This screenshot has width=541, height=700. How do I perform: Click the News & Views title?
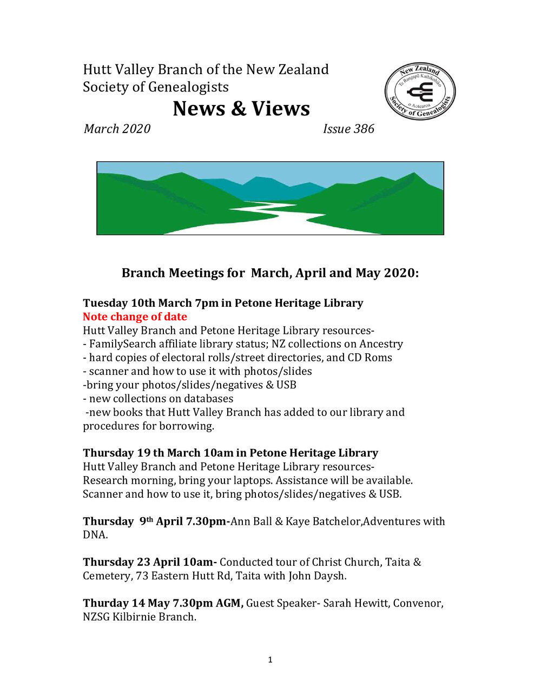[241, 109]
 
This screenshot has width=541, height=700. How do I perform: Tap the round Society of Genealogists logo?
[420, 91]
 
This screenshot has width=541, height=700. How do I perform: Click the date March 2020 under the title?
[117, 129]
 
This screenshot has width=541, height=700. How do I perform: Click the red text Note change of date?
[135, 317]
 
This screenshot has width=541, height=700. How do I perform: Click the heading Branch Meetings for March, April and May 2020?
[270, 273]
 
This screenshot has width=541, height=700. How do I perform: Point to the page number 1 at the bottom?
[270, 659]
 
